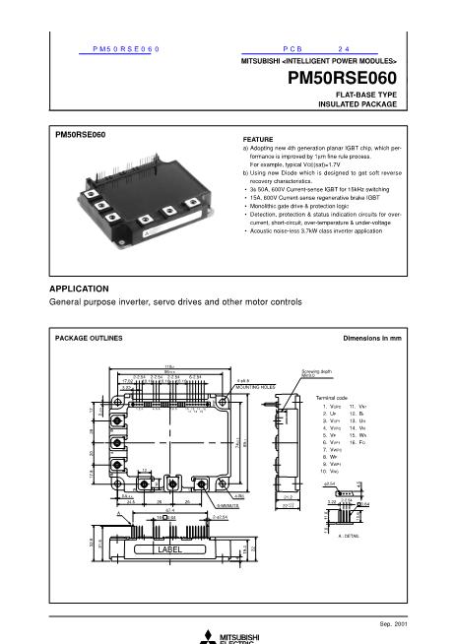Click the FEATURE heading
click(x=257, y=140)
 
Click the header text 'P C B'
click(x=295, y=48)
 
